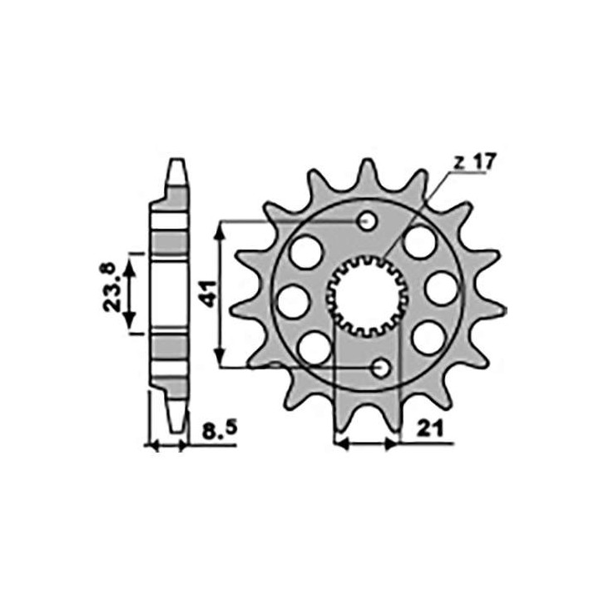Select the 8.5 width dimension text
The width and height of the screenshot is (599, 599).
point(220,431)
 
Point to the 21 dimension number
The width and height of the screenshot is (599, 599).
point(430,429)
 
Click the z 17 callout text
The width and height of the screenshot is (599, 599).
point(475,162)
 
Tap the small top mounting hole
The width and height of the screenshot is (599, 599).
point(368,221)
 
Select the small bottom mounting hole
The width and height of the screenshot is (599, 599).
point(380,369)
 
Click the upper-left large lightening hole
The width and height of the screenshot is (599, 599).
point(306,253)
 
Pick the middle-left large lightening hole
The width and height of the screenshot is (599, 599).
point(293,301)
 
